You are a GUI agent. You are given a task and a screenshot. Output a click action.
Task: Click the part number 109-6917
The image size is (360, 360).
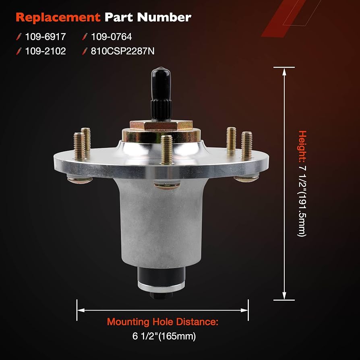(45, 37)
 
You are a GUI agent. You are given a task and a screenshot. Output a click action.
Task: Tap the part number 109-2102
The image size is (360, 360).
(45, 52)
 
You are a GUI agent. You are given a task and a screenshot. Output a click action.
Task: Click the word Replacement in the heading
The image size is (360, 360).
(58, 17)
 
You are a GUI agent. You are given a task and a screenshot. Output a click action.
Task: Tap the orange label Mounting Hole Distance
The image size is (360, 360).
(162, 322)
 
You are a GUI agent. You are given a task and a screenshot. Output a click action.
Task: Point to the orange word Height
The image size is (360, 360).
(302, 145)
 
